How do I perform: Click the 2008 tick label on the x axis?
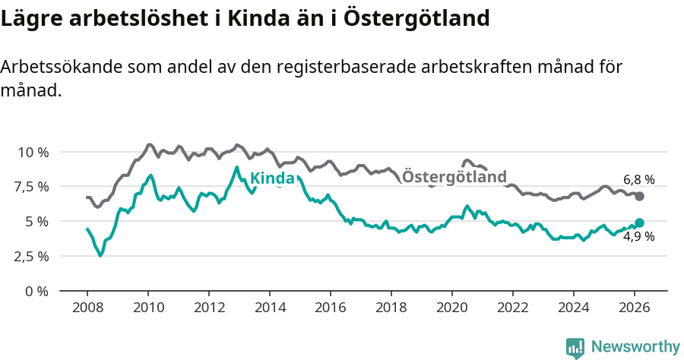coord(87,308)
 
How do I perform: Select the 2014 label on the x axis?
coord(269,308)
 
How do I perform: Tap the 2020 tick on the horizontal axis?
coord(451,308)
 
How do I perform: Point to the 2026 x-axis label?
coord(634,308)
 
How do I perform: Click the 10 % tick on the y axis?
coord(33,152)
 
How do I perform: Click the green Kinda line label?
coord(272,178)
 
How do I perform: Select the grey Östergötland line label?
coord(454,177)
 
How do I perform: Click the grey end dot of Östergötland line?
coord(639,196)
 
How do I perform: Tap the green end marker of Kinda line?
coord(639,223)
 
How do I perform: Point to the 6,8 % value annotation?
coord(638,180)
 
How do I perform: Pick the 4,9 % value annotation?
coord(638,237)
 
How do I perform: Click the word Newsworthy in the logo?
coord(635,346)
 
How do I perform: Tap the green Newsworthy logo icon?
coord(575,347)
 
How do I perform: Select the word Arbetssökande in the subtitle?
coord(57,67)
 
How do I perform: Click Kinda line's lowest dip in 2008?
coord(100,255)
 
